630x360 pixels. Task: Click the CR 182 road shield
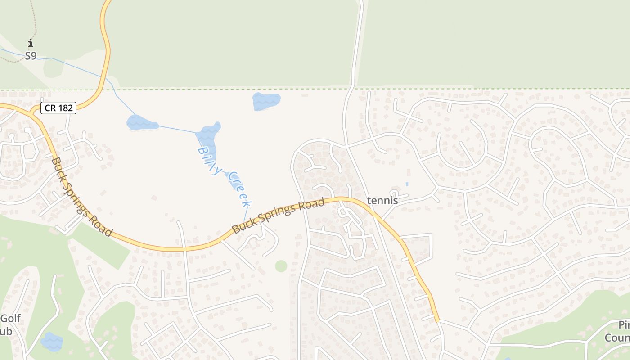58,108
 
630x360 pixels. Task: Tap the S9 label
31,56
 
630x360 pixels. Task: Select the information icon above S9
31,43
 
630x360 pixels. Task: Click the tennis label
382,201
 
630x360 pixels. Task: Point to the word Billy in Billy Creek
210,160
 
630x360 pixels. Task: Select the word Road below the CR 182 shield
100,223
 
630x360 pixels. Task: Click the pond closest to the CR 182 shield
142,122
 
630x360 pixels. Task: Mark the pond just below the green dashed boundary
266,101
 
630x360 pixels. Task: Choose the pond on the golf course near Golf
52,342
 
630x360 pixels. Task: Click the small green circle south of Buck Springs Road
281,266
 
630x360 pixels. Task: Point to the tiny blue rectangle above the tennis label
407,184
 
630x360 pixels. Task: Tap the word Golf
10,319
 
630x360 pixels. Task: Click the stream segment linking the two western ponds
177,129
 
